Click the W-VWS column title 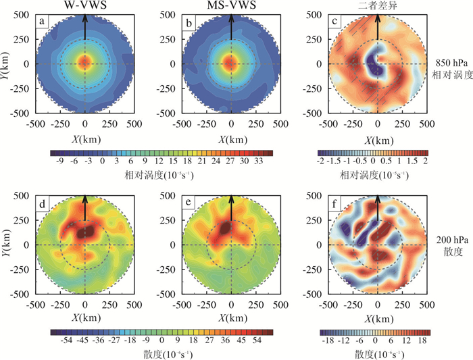pos(84,6)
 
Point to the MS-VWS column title pos(231,6)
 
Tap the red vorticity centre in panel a pos(84,63)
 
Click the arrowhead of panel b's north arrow pos(231,17)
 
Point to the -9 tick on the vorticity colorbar pos(59,162)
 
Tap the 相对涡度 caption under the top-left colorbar pos(159,175)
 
